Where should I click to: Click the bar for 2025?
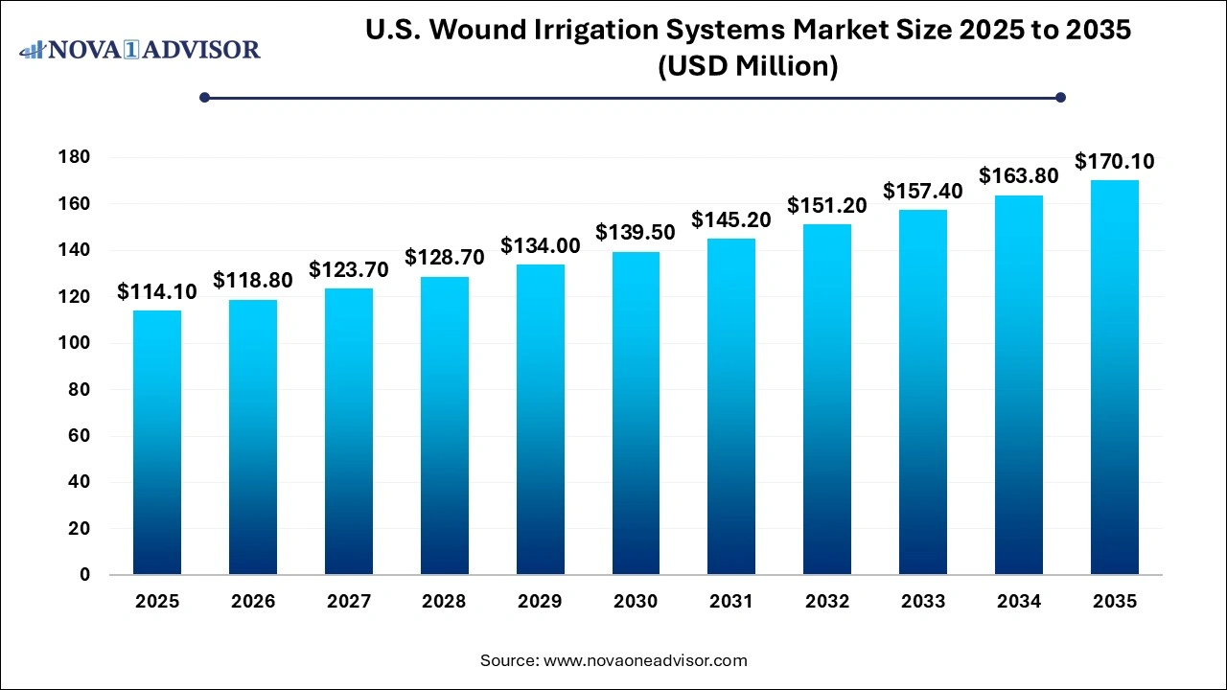(x=156, y=443)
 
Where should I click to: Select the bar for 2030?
(x=636, y=413)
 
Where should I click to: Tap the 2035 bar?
(x=1114, y=378)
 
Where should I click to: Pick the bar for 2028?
(x=444, y=425)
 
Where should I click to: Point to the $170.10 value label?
(x=1114, y=162)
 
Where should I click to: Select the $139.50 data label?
(x=636, y=233)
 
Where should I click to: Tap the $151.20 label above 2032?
(x=827, y=206)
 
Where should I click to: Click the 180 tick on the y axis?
(x=78, y=157)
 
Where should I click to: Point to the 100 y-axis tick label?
(x=78, y=343)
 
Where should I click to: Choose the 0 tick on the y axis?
(x=84, y=575)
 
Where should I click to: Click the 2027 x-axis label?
(x=348, y=602)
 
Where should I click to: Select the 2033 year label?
(x=923, y=602)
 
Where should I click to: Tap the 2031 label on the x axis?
(x=731, y=602)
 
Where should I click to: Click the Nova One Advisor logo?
(x=140, y=49)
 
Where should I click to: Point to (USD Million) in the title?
(x=747, y=67)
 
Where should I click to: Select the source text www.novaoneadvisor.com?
(x=645, y=660)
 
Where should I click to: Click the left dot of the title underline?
(x=204, y=97)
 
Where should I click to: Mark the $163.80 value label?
(x=1018, y=176)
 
